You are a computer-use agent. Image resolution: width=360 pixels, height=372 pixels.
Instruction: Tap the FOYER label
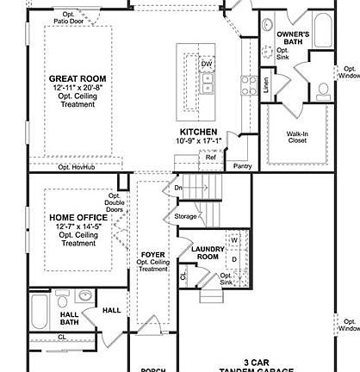[x=152, y=256]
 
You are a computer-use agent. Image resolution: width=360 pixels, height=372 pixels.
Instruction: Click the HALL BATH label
[x=69, y=318]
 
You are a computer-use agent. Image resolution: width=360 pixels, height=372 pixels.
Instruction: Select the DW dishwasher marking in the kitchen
[x=207, y=64]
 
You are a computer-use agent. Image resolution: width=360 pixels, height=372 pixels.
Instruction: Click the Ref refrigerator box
[x=211, y=157]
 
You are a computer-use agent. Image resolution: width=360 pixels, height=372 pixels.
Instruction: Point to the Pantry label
[x=242, y=165]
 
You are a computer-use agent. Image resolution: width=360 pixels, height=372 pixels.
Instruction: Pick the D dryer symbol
[x=233, y=258]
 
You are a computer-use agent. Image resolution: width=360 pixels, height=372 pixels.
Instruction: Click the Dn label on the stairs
[x=178, y=187]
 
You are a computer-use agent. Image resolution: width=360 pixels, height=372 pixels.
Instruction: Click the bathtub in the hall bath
[x=40, y=313]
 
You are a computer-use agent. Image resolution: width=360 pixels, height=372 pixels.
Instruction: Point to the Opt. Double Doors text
[x=114, y=203]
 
